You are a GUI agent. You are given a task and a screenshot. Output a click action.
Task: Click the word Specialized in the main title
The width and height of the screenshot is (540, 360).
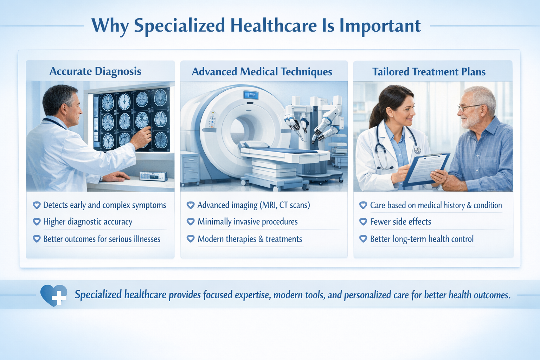[x=179, y=26]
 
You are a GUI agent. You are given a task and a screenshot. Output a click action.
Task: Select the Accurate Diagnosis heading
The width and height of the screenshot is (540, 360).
[x=95, y=71]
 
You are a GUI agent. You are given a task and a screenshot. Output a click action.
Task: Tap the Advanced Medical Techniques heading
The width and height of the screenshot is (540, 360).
[x=262, y=72]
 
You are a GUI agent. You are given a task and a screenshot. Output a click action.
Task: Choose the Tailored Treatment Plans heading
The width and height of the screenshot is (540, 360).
[x=429, y=72]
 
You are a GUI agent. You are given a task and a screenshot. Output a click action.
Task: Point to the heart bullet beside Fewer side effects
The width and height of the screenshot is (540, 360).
[x=363, y=222]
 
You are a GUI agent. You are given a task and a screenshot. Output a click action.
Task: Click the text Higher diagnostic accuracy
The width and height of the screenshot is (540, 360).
[x=88, y=222]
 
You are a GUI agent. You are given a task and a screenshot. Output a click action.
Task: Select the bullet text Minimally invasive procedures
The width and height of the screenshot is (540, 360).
[x=247, y=222]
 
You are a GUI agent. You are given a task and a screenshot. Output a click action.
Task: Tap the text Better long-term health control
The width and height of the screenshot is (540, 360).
[x=422, y=239]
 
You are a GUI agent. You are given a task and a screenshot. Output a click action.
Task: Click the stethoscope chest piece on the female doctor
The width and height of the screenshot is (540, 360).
[x=417, y=150]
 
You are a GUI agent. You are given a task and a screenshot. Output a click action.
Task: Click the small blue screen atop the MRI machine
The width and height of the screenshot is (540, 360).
[x=251, y=95]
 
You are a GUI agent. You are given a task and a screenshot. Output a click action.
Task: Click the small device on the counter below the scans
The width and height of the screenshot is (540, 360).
[x=153, y=176]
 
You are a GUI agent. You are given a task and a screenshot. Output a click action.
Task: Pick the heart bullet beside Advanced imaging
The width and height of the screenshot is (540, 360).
[x=191, y=205]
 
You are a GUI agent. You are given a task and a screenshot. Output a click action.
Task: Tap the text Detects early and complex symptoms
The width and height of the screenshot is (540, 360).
[x=104, y=205]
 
